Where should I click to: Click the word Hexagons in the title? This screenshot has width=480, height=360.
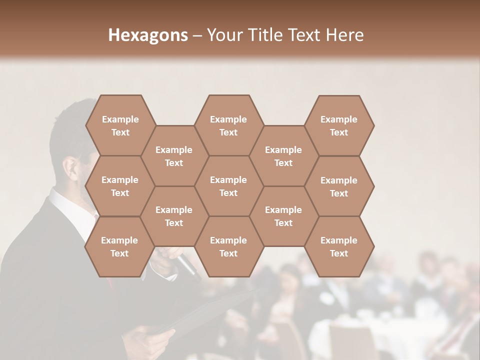148,35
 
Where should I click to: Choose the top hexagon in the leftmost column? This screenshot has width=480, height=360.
120,125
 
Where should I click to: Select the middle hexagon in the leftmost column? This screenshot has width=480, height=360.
120,186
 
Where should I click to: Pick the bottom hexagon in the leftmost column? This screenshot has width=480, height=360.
119,246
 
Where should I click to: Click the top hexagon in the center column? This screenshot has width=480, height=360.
228,125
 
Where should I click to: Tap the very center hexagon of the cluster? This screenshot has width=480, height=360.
228,186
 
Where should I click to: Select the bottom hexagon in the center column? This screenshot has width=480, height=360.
228,246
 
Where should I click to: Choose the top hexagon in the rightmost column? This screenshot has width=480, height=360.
339,125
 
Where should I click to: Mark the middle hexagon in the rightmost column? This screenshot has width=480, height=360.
339,186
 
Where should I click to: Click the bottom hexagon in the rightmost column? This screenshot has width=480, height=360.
339,246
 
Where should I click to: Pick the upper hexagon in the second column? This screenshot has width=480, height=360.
174,156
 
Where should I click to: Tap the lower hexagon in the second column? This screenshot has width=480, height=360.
174,216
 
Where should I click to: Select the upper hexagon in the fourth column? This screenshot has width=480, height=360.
283,156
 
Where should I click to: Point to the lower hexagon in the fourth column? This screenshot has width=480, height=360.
283,216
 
